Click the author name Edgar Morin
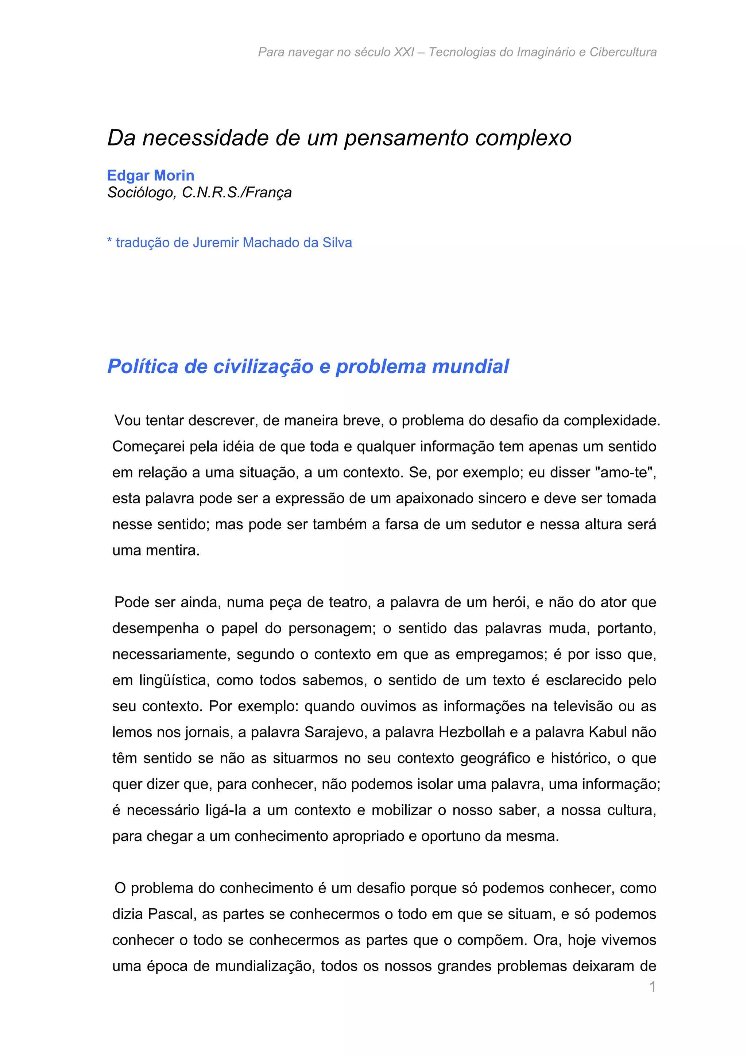pyautogui.click(x=151, y=175)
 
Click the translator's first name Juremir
pyautogui.click(x=216, y=243)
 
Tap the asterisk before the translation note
pyautogui.click(x=109, y=241)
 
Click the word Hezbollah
pyautogui.click(x=471, y=732)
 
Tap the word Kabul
pyautogui.click(x=607, y=732)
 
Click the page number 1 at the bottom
pyautogui.click(x=652, y=987)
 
